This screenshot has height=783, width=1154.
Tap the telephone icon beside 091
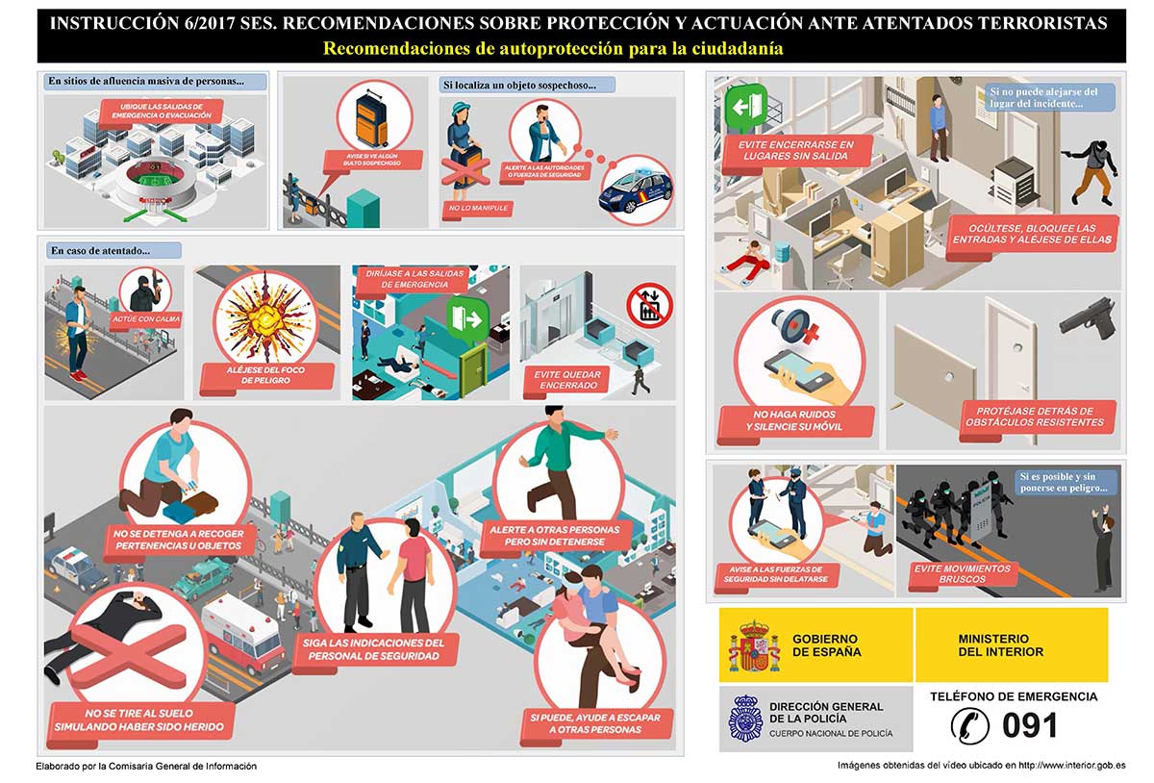pyautogui.click(x=969, y=725)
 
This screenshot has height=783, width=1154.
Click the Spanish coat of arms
pyautogui.click(x=754, y=645)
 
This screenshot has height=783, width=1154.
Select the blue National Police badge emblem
pyautogui.click(x=745, y=719)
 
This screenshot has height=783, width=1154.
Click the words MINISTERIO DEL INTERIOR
pyautogui.click(x=992, y=644)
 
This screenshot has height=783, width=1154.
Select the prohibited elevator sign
pyautogui.click(x=649, y=303)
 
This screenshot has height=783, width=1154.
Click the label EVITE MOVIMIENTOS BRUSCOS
pyautogui.click(x=961, y=574)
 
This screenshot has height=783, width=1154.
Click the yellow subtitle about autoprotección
pyautogui.click(x=553, y=48)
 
